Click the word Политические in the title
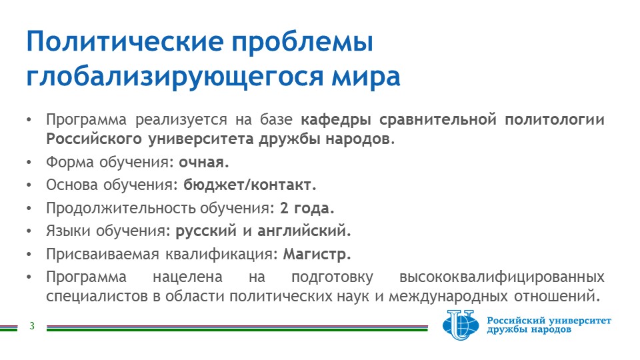point(125,41)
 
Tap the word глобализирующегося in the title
point(175,77)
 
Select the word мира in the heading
point(366,77)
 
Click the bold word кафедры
point(336,119)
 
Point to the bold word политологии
point(554,119)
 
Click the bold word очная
point(204,162)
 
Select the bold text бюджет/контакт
point(249,185)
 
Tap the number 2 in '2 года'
point(284,208)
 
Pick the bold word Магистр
point(317,254)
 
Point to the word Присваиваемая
point(103,254)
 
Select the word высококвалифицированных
point(501,277)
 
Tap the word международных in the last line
point(448,296)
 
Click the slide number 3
point(32,326)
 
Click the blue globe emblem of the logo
point(461,325)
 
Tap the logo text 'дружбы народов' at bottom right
point(529,329)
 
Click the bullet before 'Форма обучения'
point(29,163)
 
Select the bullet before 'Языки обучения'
point(29,231)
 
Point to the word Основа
point(71,185)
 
